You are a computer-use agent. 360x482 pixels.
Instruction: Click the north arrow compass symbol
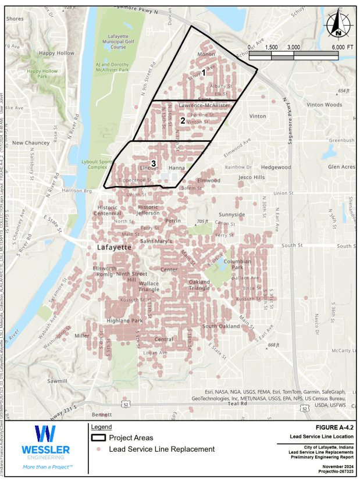tap(336, 25)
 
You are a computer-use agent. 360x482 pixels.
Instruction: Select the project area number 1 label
tap(203, 73)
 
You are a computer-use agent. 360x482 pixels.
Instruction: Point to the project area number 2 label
tap(183, 121)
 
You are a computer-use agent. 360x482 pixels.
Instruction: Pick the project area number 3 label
tap(153, 163)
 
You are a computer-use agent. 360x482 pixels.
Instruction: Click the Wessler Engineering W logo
tap(45, 435)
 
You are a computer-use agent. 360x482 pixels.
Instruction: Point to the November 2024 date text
tap(333, 467)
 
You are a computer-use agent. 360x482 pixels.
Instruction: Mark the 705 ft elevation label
tap(202, 222)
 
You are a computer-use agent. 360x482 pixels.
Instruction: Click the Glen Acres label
tap(341, 167)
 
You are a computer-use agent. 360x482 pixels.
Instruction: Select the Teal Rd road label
tap(237, 404)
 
